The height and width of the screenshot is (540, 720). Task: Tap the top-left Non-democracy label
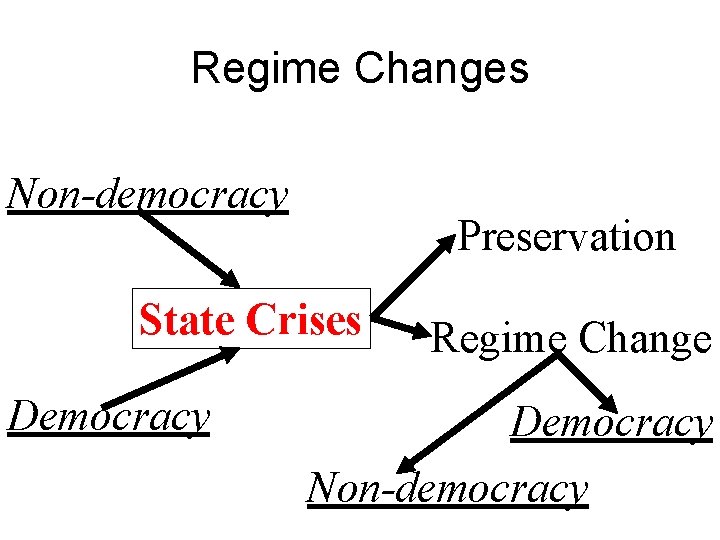click(148, 194)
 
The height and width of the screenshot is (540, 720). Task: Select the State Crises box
click(251, 319)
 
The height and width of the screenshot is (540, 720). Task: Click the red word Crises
click(303, 320)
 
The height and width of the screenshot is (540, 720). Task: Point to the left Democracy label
click(108, 416)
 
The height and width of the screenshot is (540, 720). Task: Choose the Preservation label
click(567, 238)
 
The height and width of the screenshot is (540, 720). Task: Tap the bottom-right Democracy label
click(611, 424)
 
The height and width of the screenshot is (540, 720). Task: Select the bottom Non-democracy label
click(447, 488)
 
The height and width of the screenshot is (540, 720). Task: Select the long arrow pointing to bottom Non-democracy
click(475, 413)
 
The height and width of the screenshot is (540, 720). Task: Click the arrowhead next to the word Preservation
click(447, 241)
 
